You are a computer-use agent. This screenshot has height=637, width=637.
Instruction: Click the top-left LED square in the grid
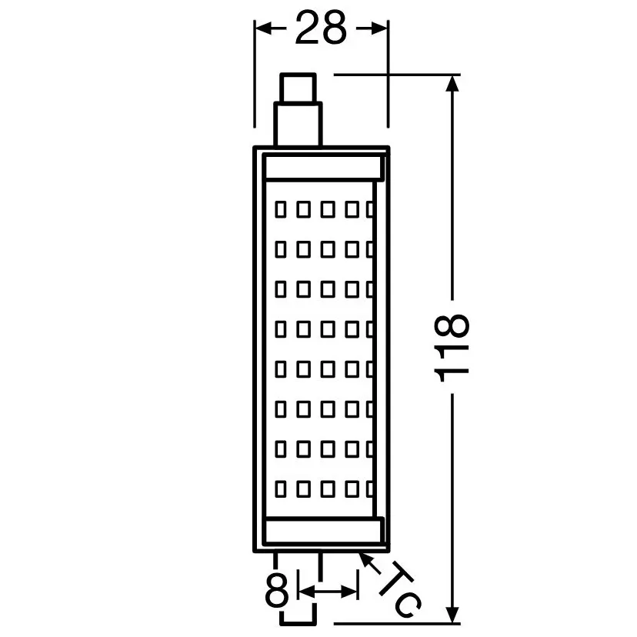point(281,208)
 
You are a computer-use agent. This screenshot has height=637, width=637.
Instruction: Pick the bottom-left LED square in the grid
point(281,489)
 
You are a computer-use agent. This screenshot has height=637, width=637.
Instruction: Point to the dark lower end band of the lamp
point(323,530)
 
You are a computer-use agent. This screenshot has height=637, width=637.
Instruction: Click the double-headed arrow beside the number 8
point(328,592)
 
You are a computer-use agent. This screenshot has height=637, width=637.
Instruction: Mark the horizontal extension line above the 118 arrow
point(392,75)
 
